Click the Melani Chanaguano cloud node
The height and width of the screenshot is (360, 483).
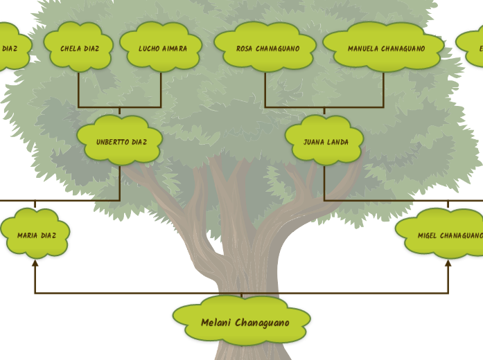coord(242,320)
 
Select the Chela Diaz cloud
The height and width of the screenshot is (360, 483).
coord(79,47)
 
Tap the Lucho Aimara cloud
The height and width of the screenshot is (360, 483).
coord(161,47)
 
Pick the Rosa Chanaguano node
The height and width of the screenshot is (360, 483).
coord(266,47)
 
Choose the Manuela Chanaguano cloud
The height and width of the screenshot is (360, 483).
coord(385,47)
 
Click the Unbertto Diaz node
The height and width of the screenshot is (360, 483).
coord(120,141)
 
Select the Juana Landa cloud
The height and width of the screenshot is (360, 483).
coord(325,141)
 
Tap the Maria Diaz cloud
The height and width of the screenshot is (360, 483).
coord(35,234)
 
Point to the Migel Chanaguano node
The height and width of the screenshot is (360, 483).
coord(444,234)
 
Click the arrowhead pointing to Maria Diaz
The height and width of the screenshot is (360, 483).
coord(35,263)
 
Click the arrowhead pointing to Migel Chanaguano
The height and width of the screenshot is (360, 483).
coord(448,263)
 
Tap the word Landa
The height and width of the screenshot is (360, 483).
coord(337,142)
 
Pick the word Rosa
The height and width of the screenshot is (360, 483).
coord(245,49)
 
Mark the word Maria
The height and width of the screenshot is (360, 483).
coord(27,235)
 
